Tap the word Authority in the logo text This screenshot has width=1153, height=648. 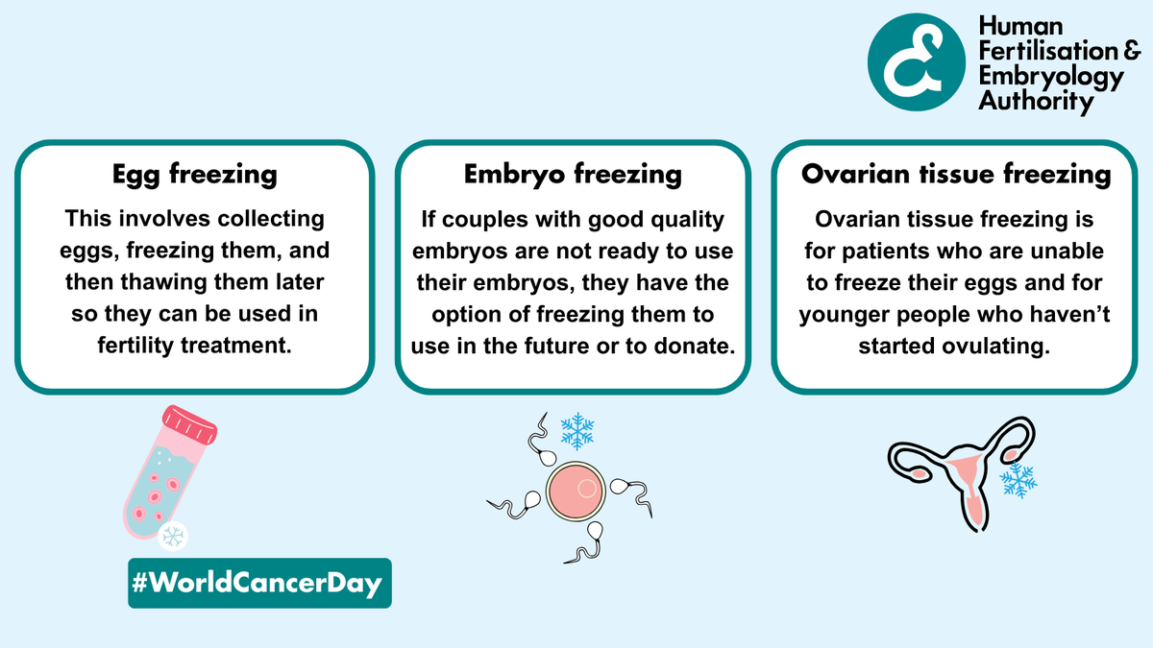[x=1036, y=100]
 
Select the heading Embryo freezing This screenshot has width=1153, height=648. [x=573, y=175]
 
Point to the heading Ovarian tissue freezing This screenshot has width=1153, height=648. [x=955, y=175]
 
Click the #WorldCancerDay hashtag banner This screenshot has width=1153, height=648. [x=260, y=583]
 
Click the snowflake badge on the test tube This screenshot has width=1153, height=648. [x=173, y=537]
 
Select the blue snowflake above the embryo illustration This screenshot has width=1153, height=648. [x=576, y=431]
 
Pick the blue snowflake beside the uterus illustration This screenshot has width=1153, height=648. [x=1016, y=479]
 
